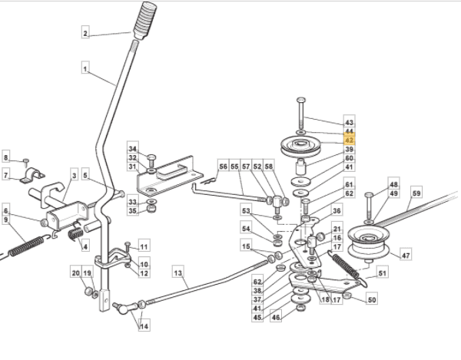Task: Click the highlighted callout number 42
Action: (x=350, y=140)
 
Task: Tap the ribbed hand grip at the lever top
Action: (x=145, y=21)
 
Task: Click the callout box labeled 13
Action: (x=178, y=273)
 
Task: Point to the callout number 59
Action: (x=416, y=193)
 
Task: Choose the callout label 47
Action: (x=406, y=255)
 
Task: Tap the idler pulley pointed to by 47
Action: (x=369, y=243)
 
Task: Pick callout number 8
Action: (x=6, y=157)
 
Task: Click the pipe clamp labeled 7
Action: (x=32, y=175)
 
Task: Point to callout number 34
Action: (x=133, y=149)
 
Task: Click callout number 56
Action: (x=223, y=167)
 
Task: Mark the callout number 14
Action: (x=144, y=326)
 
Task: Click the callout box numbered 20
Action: (x=76, y=272)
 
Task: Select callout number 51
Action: (x=382, y=273)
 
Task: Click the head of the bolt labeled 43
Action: (x=301, y=100)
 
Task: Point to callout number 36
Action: (x=337, y=210)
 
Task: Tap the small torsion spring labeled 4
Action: (x=75, y=234)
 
